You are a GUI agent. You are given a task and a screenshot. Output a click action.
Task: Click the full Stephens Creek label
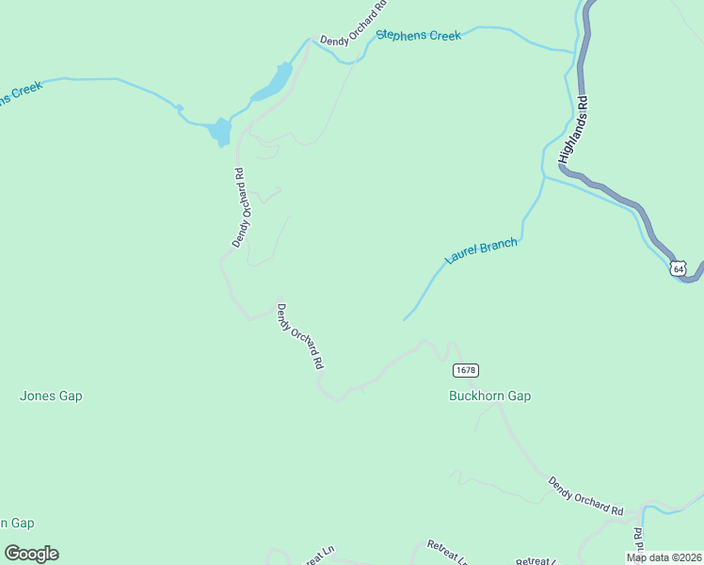coord(418,36)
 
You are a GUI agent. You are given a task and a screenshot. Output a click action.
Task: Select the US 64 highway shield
coord(680,268)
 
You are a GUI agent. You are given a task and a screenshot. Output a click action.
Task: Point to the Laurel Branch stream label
coord(481,251)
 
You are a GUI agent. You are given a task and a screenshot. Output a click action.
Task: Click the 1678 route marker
coord(464,369)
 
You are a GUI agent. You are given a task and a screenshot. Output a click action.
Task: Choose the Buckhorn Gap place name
coord(489,396)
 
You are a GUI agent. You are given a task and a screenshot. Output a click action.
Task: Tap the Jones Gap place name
coord(51,396)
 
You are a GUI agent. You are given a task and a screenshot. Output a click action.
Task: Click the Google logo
coord(31,554)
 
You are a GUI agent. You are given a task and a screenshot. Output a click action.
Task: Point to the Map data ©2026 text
coord(664,557)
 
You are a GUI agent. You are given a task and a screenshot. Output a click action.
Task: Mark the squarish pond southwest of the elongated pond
coord(219,131)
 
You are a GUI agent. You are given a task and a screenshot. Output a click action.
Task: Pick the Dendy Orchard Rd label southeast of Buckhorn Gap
coord(586,496)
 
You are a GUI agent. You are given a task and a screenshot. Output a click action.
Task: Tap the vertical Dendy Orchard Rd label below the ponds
coord(241,208)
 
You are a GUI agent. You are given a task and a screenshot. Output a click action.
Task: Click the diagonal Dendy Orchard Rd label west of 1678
coord(300,334)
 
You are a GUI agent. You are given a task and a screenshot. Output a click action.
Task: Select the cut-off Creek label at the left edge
coord(21,94)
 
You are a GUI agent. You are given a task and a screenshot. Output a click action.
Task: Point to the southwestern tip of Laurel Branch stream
coord(405,319)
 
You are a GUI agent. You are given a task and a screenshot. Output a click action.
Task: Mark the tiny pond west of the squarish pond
coord(179,108)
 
